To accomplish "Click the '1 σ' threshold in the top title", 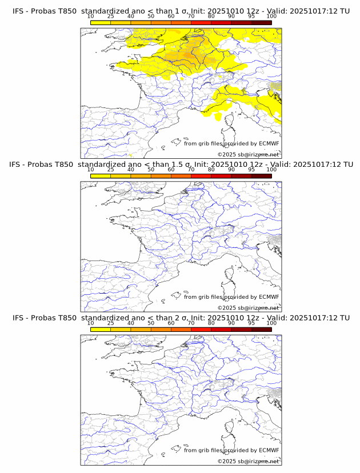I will click(186, 11).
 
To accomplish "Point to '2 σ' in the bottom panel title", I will click(186, 318).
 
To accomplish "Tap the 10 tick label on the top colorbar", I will click(90, 16).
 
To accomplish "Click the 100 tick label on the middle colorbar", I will click(271, 170).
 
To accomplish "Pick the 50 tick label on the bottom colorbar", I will click(151, 323).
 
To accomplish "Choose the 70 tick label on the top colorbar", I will click(191, 16).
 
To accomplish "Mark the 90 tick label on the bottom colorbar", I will click(231, 323).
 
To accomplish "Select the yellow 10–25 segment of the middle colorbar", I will click(101, 176).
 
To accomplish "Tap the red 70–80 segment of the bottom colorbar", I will click(201, 329).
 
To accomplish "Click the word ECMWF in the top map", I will click(269, 143).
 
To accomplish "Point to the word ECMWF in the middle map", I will click(269, 297).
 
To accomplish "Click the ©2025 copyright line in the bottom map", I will click(248, 461).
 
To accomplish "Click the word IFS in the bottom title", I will click(18, 318).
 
